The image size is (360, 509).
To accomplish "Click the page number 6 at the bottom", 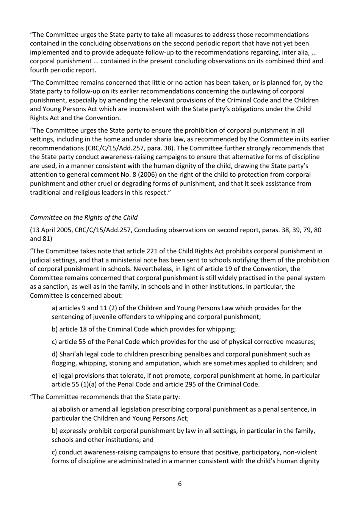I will [x=180, y=484].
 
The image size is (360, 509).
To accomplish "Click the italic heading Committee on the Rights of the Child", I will [x=84, y=217].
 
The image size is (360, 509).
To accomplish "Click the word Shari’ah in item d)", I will [x=72, y=354].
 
